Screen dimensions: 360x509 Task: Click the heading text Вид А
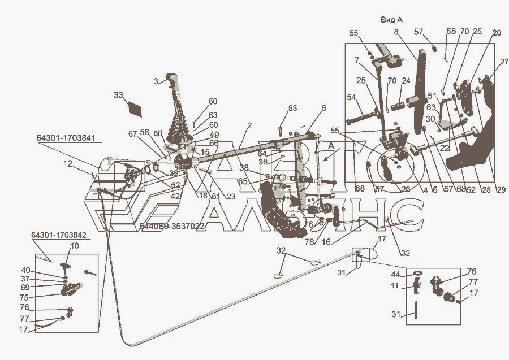(395, 19)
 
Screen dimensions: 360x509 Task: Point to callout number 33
(118, 94)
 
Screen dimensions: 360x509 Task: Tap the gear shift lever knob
(172, 79)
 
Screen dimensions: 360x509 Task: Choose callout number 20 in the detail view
(496, 33)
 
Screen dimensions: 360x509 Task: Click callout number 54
(352, 98)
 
